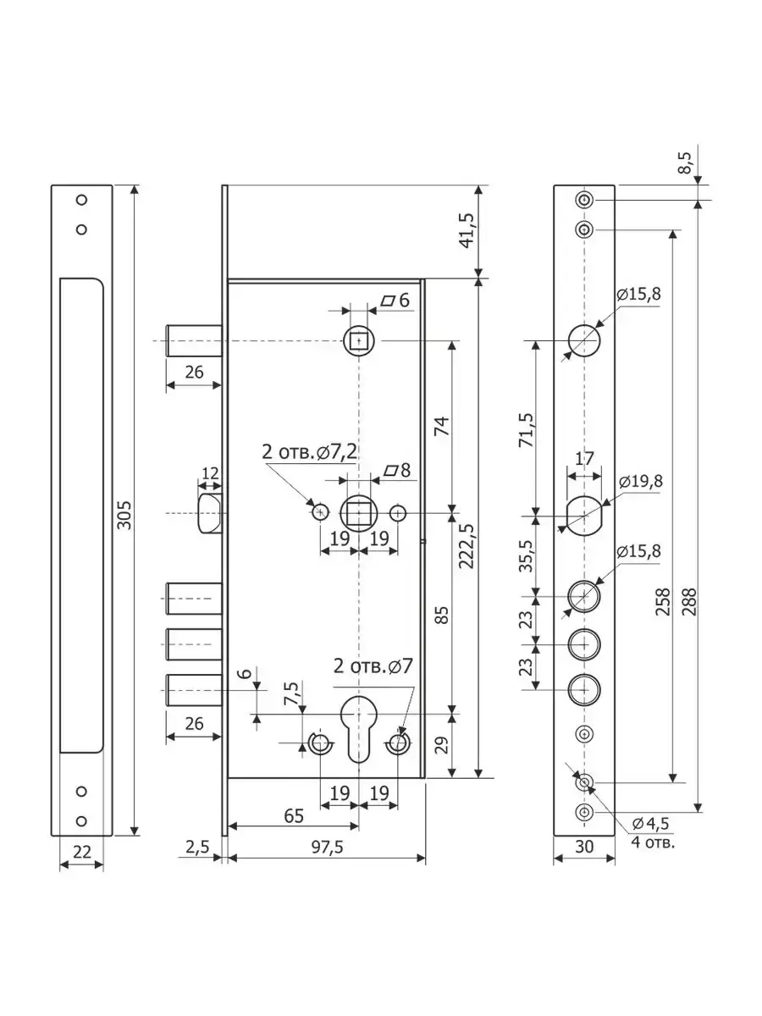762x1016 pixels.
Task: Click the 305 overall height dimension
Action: (x=124, y=515)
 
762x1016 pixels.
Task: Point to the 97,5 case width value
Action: (x=327, y=848)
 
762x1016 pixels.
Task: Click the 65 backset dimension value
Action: (x=295, y=816)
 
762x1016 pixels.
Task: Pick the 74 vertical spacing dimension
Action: (x=443, y=426)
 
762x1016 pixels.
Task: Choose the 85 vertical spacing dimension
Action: (x=443, y=615)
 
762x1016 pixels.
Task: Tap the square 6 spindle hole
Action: (x=358, y=341)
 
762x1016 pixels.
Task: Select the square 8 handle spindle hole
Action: (x=359, y=513)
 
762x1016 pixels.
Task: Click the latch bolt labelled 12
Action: (x=211, y=513)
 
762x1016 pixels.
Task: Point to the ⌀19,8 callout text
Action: (x=641, y=482)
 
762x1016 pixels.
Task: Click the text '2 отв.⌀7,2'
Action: (x=310, y=452)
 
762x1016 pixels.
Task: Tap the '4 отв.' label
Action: (x=653, y=842)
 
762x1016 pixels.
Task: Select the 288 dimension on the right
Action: (x=689, y=601)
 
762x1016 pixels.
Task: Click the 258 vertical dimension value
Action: (x=663, y=601)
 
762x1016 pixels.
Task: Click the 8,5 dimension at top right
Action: (x=685, y=163)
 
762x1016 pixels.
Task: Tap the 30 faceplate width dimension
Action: (x=584, y=847)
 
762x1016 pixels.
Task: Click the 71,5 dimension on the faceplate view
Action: (x=526, y=430)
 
